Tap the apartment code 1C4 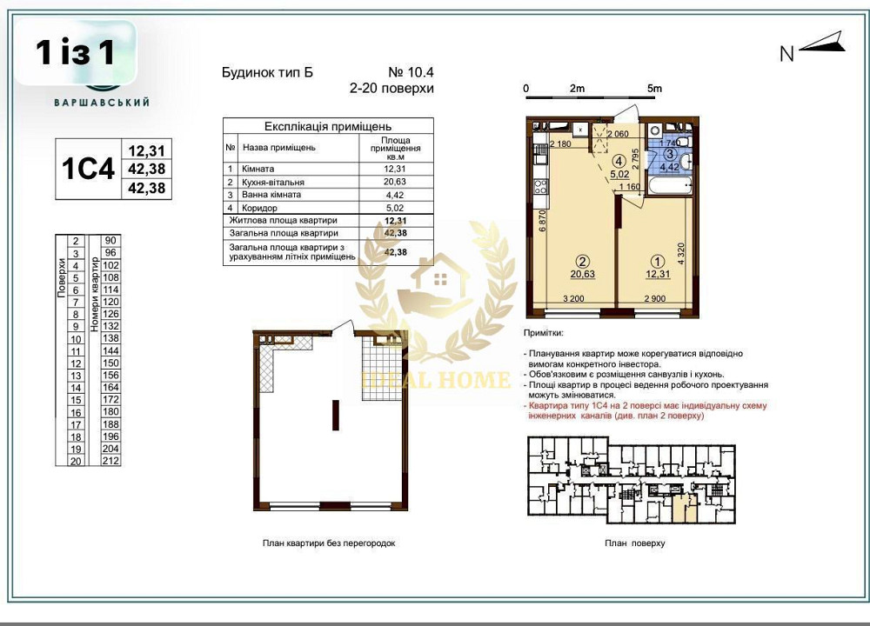pos(89,169)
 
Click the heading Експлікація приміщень pos(328,126)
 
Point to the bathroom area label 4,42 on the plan pos(668,168)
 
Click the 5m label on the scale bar pos(654,89)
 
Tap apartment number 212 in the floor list pos(110,461)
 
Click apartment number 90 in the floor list pos(110,241)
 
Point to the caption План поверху pos(634,543)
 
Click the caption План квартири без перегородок pos(329,543)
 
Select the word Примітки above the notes pos(544,333)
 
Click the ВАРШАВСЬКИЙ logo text pos(103,102)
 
